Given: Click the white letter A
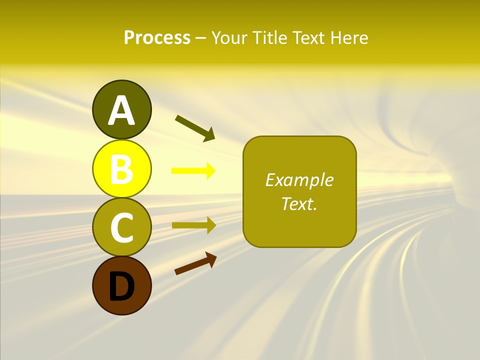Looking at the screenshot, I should pos(121,110).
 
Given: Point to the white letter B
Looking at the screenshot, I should pos(121,169).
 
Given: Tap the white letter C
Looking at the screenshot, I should pos(121,227).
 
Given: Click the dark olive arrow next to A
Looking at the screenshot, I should pos(195,128).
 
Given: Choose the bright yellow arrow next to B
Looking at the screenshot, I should pos(193,171).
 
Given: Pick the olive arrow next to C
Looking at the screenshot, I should pos(193,225).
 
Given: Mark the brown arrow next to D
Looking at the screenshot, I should pos(195,263).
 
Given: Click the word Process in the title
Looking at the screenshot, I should pos(157,38).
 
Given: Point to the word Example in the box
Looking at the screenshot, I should pos(299,180).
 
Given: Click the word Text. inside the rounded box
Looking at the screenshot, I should pos(299,204).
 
